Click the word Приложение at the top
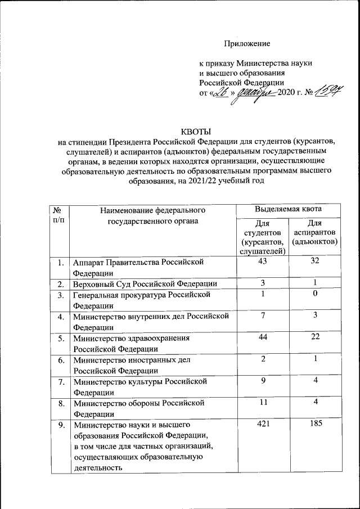coord(247,43)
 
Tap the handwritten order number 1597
coord(329,91)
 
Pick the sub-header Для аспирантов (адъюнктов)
coord(315,232)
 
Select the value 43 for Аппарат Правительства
coord(262,262)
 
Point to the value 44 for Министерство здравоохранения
coord(262,337)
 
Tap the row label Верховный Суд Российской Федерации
coord(145,283)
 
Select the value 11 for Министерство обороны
coord(262,402)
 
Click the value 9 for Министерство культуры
coord(262,381)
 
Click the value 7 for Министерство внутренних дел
coord(262,316)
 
